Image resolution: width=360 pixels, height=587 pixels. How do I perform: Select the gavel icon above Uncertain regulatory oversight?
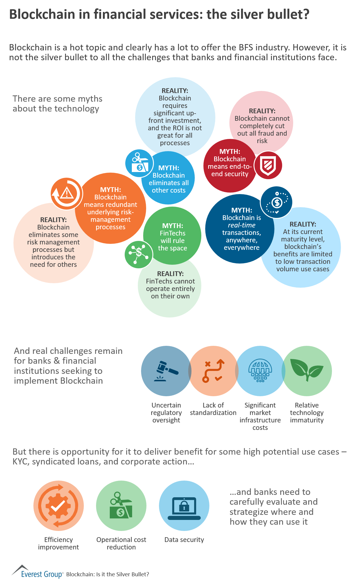tap(166, 371)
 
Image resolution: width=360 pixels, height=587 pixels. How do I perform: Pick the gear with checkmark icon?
tap(58, 506)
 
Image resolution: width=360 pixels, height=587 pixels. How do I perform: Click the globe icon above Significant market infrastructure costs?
tap(260, 371)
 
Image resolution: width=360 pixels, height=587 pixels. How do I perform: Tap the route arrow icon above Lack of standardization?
tap(213, 371)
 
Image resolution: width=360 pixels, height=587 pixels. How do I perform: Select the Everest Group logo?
tap(37, 572)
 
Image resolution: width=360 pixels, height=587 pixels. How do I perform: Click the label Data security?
tap(184, 540)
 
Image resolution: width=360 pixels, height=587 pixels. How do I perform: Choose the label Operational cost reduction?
tap(121, 543)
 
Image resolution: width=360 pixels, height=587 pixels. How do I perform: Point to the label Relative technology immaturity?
tap(307, 413)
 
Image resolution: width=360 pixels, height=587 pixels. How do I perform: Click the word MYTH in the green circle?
tap(172, 226)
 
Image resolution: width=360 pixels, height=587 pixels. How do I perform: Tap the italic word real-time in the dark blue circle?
tap(242, 225)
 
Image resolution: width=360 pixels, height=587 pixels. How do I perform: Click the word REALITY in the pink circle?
tap(262, 111)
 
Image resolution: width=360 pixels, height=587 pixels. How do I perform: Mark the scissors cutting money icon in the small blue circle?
tap(139, 163)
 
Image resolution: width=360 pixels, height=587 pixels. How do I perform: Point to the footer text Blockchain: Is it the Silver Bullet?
tap(107, 574)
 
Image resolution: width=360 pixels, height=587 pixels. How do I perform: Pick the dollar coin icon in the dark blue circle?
tap(277, 202)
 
